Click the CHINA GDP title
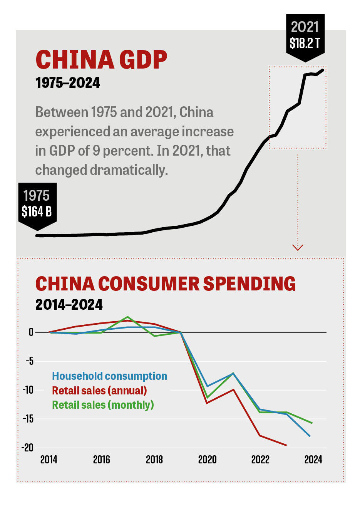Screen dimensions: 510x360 [x=101, y=60]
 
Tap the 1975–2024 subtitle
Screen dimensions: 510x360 [x=67, y=83]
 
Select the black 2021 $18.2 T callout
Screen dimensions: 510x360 [x=305, y=35]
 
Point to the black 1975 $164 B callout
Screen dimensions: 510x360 [x=37, y=204]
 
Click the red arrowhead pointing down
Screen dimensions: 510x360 [x=298, y=247]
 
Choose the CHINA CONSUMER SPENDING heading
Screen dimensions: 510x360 [x=166, y=284]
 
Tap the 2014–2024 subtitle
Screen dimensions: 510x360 [x=69, y=305]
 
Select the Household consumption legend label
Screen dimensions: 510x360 [x=109, y=376]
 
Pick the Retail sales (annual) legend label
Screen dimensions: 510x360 [x=99, y=391]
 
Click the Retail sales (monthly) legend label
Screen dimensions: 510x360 [x=103, y=405]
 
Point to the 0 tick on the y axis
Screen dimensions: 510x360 [x=31, y=332]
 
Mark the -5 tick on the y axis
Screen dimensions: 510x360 [x=30, y=361]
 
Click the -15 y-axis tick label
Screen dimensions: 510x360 [x=28, y=419]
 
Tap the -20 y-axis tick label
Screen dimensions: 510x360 [x=28, y=448]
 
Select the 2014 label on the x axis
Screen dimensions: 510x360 [x=49, y=460]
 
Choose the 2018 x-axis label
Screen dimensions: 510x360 [x=154, y=460]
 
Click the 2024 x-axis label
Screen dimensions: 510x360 [x=313, y=460]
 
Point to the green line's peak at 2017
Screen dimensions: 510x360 [x=127, y=317]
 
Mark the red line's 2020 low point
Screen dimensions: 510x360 [x=207, y=403]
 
